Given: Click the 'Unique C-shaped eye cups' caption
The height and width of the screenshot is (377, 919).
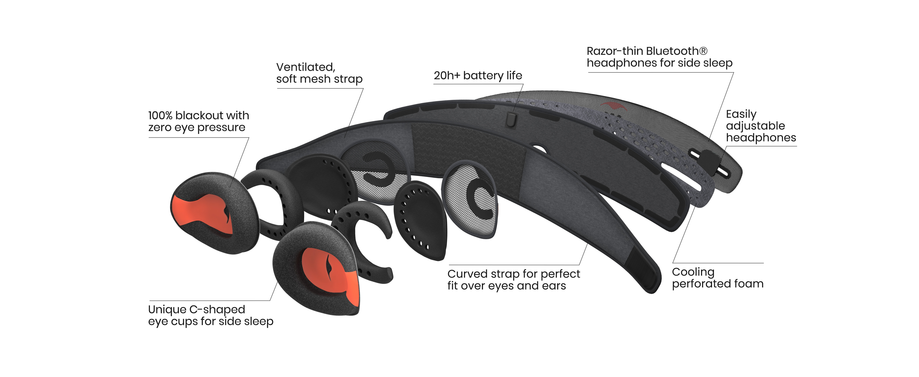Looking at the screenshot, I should click(x=210, y=315).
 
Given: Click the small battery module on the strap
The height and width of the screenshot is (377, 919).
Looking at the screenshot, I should click(x=511, y=119).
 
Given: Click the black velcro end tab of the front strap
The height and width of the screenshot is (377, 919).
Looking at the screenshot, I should click(x=644, y=271).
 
